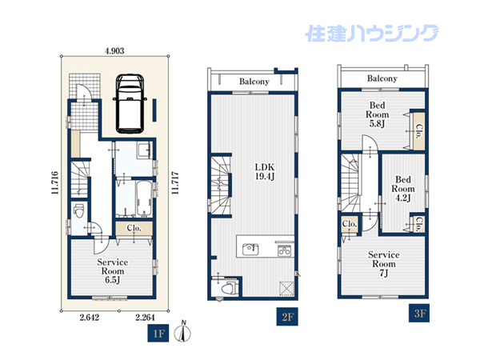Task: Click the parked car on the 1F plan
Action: (x=130, y=103)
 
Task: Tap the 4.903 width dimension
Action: (x=114, y=51)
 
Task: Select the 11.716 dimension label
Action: (x=54, y=182)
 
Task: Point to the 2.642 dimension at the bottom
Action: (x=90, y=318)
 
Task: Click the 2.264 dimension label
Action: (x=145, y=318)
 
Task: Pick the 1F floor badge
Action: (x=158, y=333)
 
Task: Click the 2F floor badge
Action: (x=287, y=317)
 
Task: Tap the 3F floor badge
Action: (x=419, y=313)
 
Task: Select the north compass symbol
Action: (x=182, y=332)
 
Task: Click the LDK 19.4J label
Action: (x=265, y=172)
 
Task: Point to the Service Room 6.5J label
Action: (x=113, y=271)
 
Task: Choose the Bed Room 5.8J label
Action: (x=377, y=114)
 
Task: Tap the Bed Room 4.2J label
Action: (x=403, y=189)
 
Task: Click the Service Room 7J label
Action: (x=384, y=263)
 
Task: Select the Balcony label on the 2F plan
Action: (x=254, y=82)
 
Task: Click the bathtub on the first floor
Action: (x=144, y=198)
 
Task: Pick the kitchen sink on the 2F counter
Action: (x=250, y=249)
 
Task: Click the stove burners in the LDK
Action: (x=284, y=251)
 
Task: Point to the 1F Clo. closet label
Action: (x=134, y=228)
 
